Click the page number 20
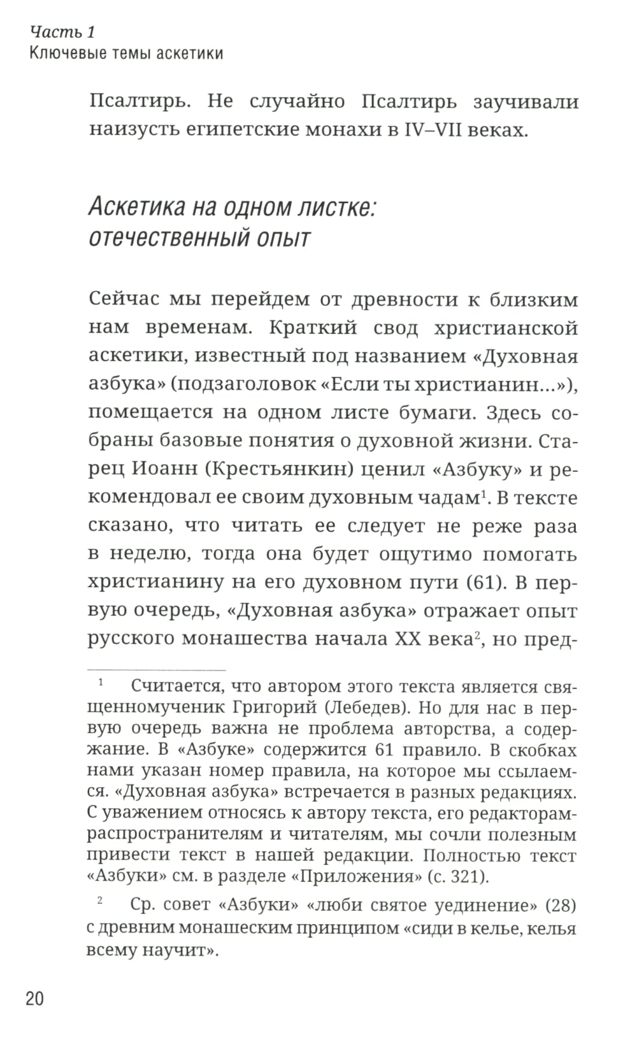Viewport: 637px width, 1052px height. click(34, 998)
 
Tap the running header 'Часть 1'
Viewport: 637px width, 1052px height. click(62, 32)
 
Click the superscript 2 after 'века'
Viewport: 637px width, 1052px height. click(475, 633)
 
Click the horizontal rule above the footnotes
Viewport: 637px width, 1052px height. click(156, 670)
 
